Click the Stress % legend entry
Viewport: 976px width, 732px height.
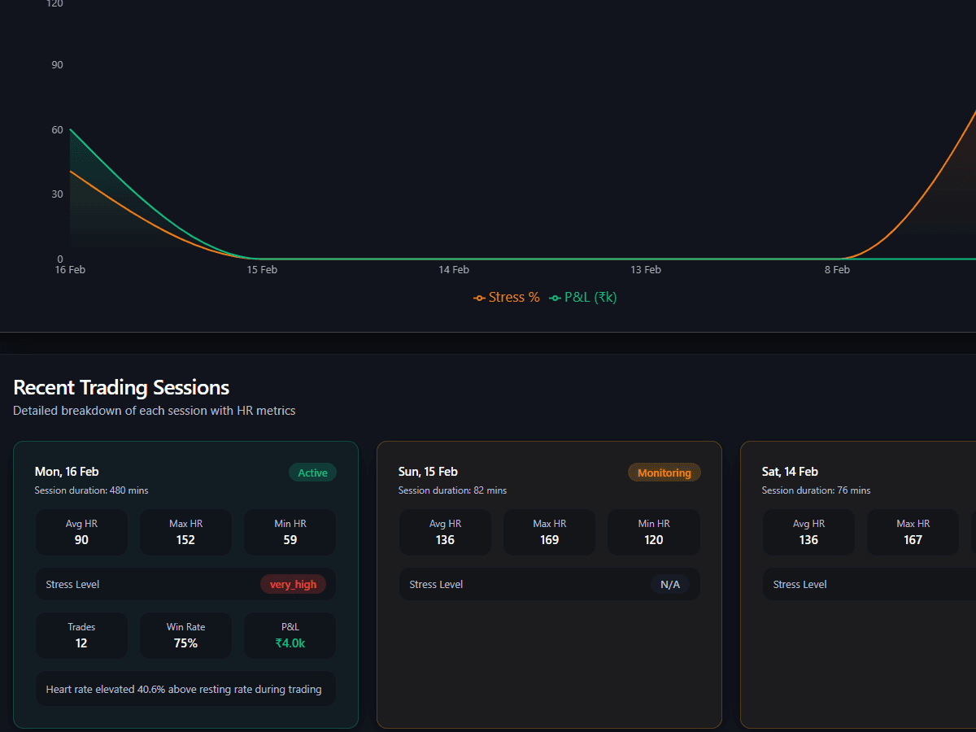pyautogui.click(x=507, y=298)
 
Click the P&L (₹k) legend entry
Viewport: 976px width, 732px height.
pyautogui.click(x=583, y=298)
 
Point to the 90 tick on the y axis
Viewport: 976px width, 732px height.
pyautogui.click(x=57, y=65)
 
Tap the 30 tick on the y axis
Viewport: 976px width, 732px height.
pyautogui.click(x=57, y=194)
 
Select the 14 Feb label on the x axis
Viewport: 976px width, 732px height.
pyautogui.click(x=454, y=270)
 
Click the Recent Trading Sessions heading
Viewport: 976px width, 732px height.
pyautogui.click(x=121, y=387)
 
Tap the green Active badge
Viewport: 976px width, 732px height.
pyautogui.click(x=312, y=473)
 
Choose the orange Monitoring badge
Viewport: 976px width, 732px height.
pyautogui.click(x=664, y=473)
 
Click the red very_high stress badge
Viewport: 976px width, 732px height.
pyautogui.click(x=293, y=585)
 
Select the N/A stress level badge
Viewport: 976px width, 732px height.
pyautogui.click(x=670, y=585)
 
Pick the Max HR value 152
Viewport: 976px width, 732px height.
pyautogui.click(x=185, y=540)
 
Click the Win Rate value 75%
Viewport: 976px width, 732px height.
pyautogui.click(x=185, y=643)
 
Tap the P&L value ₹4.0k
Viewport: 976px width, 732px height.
pyautogui.click(x=290, y=643)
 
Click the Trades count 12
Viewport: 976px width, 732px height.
pyautogui.click(x=81, y=643)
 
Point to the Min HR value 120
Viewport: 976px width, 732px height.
pyautogui.click(x=654, y=540)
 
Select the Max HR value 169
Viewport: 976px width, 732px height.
pyautogui.click(x=550, y=540)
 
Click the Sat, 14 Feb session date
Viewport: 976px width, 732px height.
pyautogui.click(x=790, y=472)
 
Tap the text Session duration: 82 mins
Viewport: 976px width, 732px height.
pyautogui.click(x=452, y=490)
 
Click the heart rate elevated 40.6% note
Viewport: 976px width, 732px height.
pyautogui.click(x=184, y=690)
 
